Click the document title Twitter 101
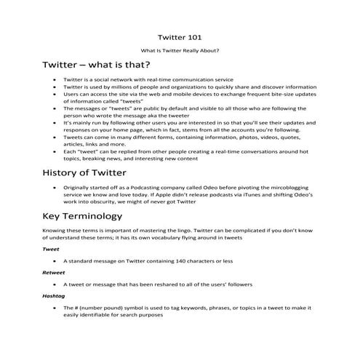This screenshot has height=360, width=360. (180, 36)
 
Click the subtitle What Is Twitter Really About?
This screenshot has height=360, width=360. (180, 50)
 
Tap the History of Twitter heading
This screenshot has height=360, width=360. (85, 172)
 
